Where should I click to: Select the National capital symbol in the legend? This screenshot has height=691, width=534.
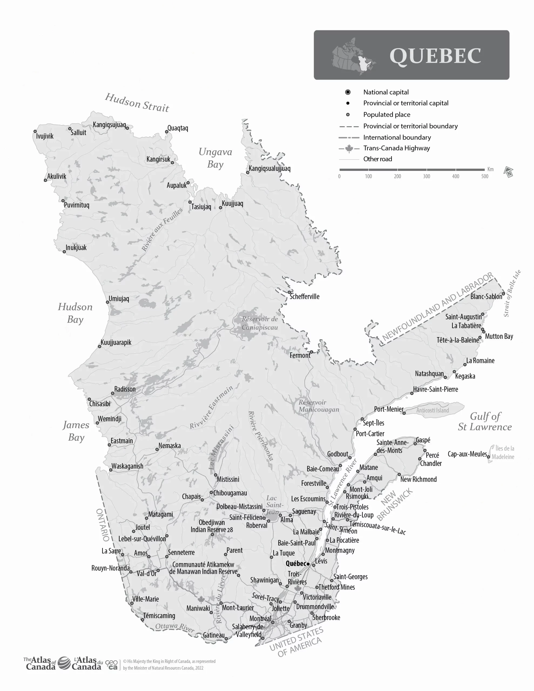pyautogui.click(x=347, y=92)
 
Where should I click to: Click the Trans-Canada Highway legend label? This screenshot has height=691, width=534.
pyautogui.click(x=396, y=148)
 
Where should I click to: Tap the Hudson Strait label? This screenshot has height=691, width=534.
pyautogui.click(x=137, y=103)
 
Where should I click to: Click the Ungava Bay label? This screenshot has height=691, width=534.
pyautogui.click(x=215, y=158)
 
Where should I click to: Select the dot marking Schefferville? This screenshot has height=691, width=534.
pyautogui.click(x=289, y=292)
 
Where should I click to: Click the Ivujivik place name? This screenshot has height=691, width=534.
pyautogui.click(x=45, y=136)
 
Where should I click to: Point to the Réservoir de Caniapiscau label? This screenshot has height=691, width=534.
pyautogui.click(x=259, y=323)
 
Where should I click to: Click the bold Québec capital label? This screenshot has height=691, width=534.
pyautogui.click(x=296, y=564)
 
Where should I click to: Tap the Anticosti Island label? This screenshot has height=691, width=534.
pyautogui.click(x=432, y=410)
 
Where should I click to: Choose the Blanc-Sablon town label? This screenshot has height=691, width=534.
pyautogui.click(x=486, y=296)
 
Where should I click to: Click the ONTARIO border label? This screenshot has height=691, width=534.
pyautogui.click(x=103, y=525)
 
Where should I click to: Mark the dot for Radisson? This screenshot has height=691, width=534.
pyautogui.click(x=112, y=393)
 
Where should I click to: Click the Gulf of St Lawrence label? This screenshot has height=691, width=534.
pyautogui.click(x=485, y=421)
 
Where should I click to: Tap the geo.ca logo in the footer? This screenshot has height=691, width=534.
pyautogui.click(x=111, y=665)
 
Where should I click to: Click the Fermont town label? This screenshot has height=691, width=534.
pyautogui.click(x=299, y=355)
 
